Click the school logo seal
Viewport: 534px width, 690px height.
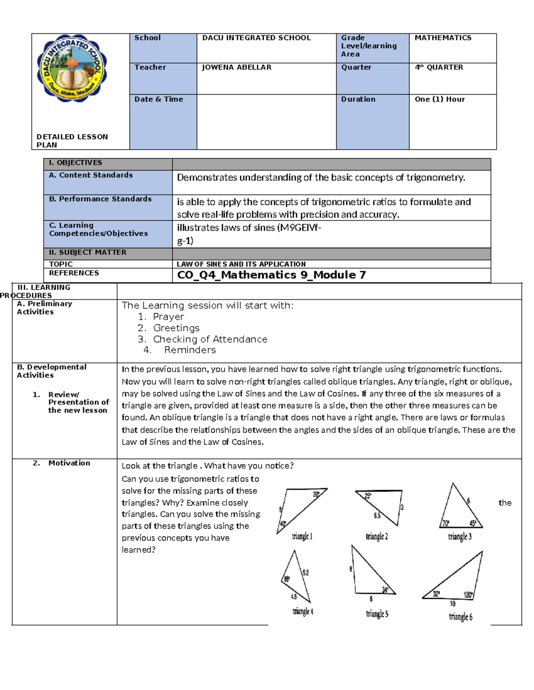72,68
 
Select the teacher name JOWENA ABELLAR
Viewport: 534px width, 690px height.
236,67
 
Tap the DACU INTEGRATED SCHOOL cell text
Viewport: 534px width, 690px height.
256,38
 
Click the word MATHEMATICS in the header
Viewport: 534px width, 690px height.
443,38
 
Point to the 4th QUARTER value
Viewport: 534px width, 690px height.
439,67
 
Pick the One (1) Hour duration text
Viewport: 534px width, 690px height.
440,99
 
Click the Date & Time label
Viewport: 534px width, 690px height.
159,99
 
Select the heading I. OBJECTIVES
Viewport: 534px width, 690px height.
76,163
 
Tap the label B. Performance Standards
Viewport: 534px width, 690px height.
101,199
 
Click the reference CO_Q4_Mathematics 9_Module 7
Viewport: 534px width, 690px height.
271,275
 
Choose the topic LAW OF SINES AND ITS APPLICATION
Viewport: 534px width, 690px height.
241,264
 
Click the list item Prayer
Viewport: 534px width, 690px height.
168,317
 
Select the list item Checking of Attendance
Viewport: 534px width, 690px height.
210,339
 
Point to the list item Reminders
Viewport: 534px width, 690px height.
190,350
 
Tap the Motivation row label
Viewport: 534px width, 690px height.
69,463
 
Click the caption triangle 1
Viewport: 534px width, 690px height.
302,536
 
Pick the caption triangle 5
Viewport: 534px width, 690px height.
377,614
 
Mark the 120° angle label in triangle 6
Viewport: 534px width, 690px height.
468,595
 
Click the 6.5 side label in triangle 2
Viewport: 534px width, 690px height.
377,515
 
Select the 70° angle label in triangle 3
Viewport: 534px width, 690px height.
445,523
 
